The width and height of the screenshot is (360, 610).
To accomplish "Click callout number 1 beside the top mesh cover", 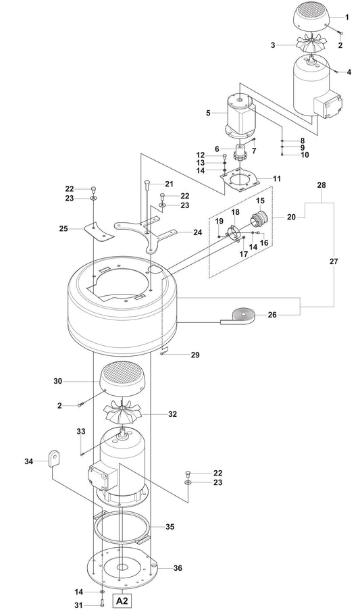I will pos(347,16).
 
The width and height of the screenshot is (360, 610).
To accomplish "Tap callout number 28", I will pos(321,184).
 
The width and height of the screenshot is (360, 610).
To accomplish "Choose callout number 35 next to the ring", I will pos(170,526).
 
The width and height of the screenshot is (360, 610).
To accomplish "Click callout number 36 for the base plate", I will pos(178,568).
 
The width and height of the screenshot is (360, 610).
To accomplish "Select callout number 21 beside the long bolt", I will pos(169,184).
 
